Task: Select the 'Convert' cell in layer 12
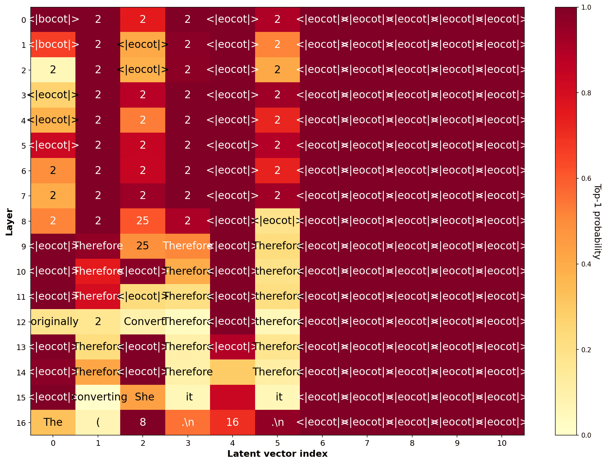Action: coord(143,322)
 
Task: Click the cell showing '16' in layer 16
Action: coord(233,422)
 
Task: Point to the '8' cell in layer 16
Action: coord(143,422)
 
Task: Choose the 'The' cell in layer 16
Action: coord(53,422)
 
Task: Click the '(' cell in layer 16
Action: coord(98,422)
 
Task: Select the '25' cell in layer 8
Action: coord(143,221)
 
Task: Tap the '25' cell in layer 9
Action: coord(143,246)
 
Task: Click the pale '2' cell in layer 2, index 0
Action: coord(53,69)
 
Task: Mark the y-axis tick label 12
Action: coord(21,322)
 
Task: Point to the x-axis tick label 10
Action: coord(502,443)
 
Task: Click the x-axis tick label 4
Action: coord(233,443)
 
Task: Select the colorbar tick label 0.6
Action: coord(586,179)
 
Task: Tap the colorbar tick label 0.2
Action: coord(586,350)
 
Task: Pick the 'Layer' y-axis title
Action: coord(9,221)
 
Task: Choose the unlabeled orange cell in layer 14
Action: coord(233,372)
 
